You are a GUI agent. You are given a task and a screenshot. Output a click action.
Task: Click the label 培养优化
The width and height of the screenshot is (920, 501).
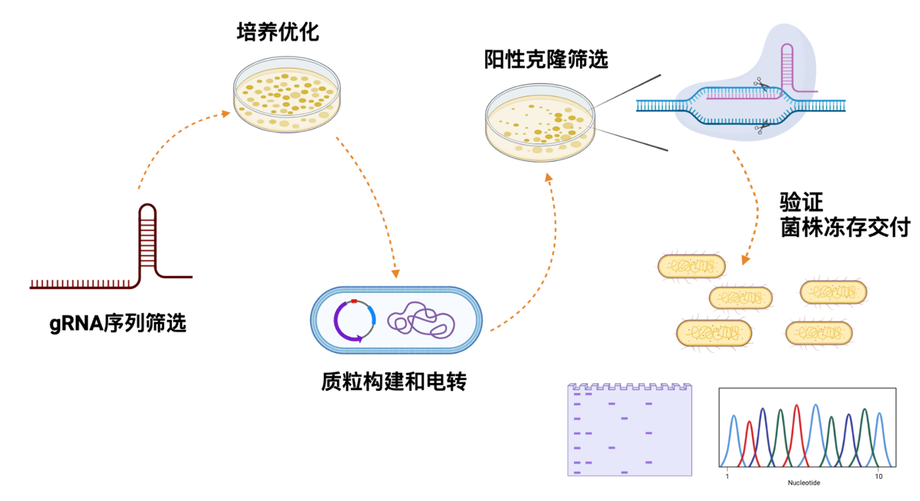278,33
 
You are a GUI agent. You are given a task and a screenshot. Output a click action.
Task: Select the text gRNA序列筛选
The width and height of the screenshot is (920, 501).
118,324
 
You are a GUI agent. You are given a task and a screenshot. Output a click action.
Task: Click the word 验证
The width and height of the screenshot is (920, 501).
802,203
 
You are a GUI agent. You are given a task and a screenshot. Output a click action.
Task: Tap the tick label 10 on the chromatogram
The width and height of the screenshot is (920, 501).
878,478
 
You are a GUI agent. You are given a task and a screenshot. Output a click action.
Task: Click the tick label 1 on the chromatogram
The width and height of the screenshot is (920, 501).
726,478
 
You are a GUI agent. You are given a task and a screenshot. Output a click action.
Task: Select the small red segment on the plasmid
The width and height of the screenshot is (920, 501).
354,301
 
